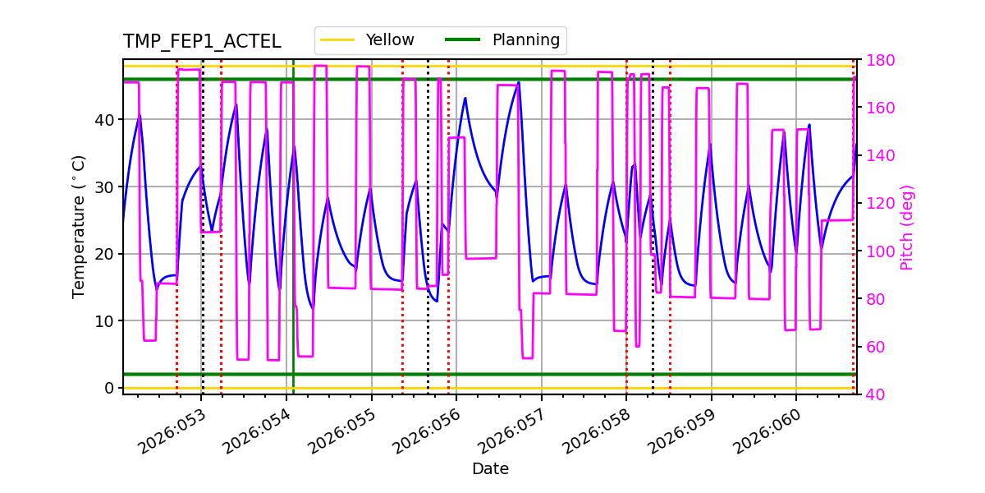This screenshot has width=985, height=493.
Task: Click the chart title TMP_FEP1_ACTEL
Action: (202, 42)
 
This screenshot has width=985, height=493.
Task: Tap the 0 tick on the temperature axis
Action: (110, 388)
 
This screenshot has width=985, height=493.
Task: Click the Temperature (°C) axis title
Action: (79, 227)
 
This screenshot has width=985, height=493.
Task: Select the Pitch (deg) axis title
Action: (907, 227)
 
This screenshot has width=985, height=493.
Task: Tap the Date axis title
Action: (490, 469)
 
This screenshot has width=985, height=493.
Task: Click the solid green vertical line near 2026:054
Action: (293, 246)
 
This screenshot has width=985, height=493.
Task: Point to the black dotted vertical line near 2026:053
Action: (203, 246)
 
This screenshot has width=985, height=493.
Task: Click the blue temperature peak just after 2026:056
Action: (465, 99)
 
